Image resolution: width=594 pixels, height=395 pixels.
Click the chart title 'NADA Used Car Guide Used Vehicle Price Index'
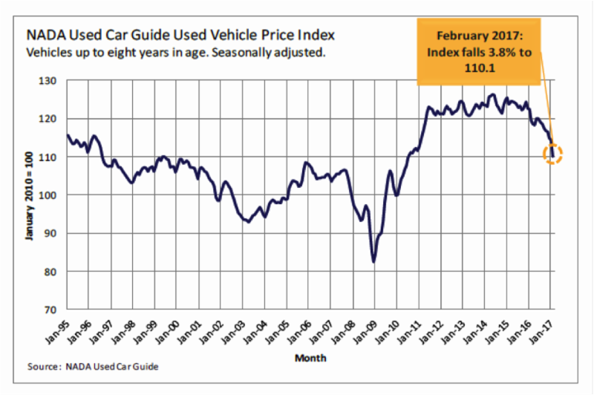[180, 35]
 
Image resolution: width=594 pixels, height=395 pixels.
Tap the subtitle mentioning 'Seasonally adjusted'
[176, 53]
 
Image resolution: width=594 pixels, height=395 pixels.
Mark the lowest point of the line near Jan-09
[373, 261]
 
